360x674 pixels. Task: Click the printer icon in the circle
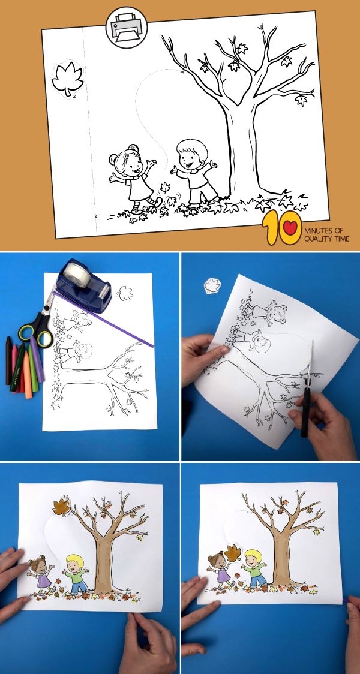pos(127,28)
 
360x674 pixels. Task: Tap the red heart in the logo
pos(291,227)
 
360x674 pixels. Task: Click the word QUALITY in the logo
pos(317,239)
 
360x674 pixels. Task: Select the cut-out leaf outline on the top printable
pos(67,79)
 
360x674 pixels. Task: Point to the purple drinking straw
pos(103,318)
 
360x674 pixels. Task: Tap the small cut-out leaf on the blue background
pos(212,286)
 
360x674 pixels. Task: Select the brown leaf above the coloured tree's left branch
pos(62,507)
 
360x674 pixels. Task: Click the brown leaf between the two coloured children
pos(233,553)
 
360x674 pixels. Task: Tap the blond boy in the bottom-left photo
pos(76,573)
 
